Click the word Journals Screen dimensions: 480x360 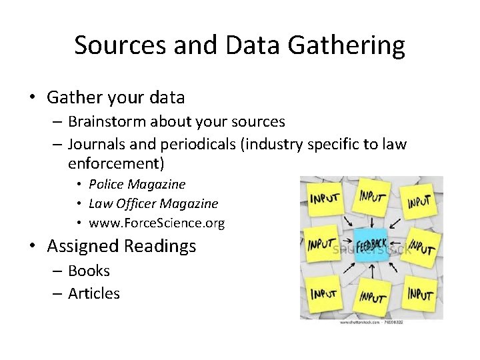(95, 145)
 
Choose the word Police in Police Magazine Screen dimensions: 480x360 (107, 184)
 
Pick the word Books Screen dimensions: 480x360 (89, 271)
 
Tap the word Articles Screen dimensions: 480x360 (94, 293)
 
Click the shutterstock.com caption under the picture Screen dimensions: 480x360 (371, 322)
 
